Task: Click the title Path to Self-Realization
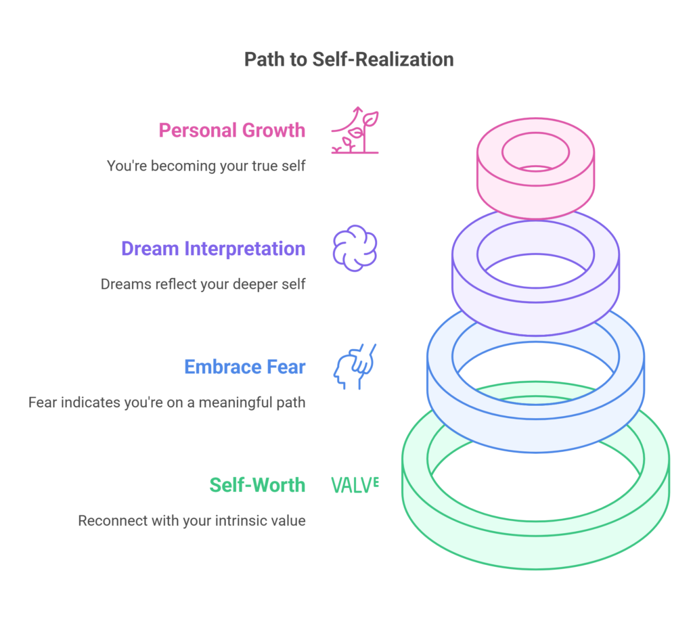[x=349, y=60]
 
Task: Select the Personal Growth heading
[x=232, y=131]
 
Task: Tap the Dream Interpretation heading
[x=213, y=249]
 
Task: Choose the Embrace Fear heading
[x=245, y=367]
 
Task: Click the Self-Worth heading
[x=257, y=485]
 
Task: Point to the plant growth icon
[x=355, y=130]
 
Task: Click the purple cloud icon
[x=355, y=248]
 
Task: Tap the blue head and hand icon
[x=355, y=367]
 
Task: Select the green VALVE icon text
[x=355, y=485]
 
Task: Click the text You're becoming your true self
[x=206, y=166]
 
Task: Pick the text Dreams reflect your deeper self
[x=203, y=284]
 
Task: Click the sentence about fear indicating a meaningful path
[x=166, y=403]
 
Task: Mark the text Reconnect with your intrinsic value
[x=192, y=521]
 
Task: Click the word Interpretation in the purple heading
[x=245, y=249]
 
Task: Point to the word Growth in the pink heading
[x=273, y=131]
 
